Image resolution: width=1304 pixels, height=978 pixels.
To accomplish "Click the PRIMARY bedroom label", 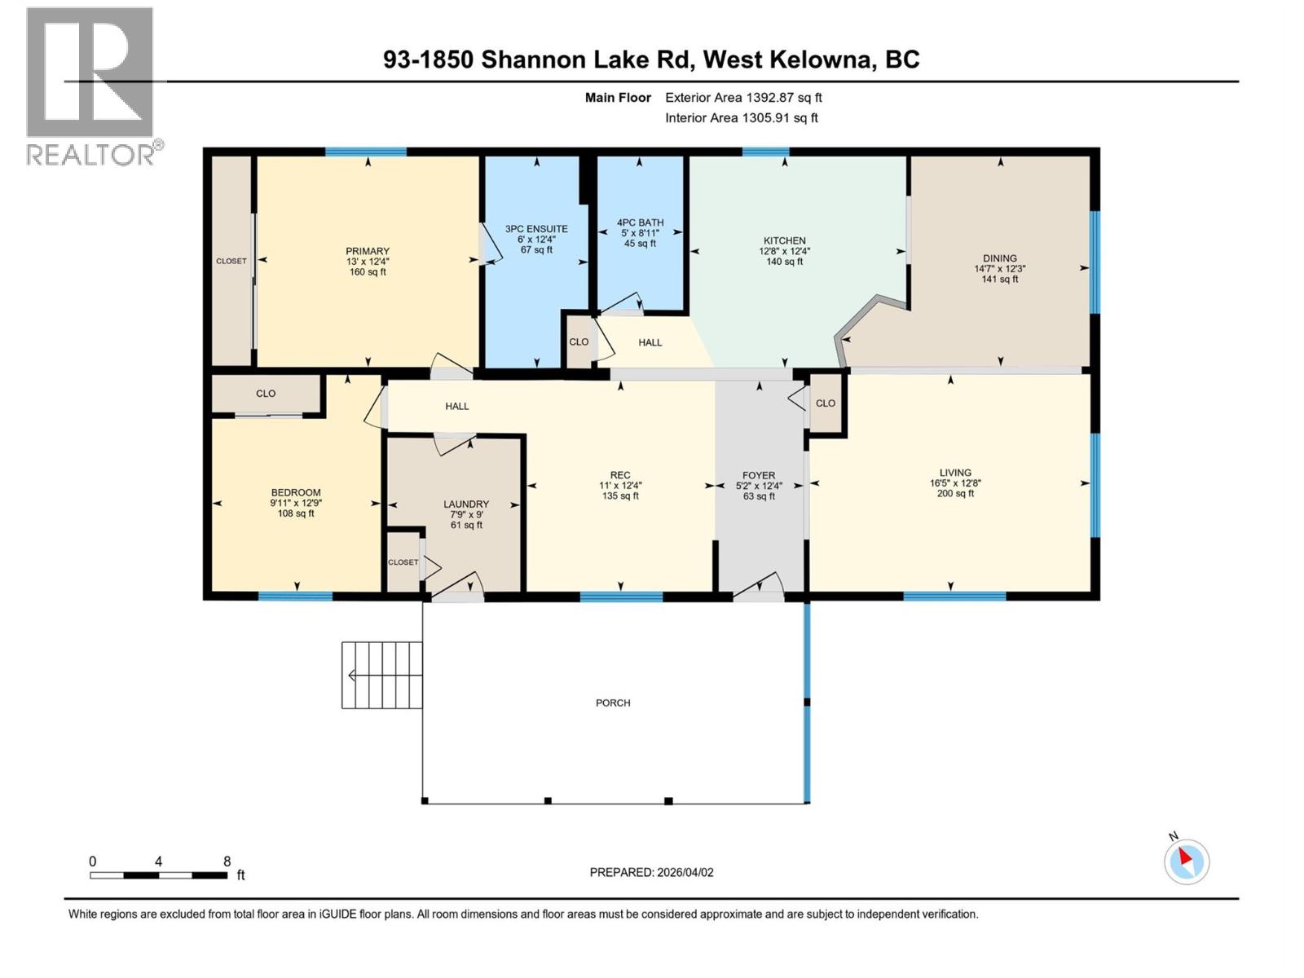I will point(368,251).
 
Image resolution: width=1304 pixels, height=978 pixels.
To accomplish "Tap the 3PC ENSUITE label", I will point(536,229).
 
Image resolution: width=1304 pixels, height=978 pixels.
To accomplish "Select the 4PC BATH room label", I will point(640,222).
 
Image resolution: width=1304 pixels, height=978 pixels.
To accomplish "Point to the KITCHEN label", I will point(784,240).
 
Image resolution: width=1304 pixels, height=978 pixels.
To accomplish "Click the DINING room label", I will point(999,258).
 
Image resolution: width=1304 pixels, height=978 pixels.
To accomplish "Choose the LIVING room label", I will point(955,472).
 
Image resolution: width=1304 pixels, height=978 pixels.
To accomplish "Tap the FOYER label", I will point(759,475).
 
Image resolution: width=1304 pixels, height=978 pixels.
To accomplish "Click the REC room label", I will point(620,475).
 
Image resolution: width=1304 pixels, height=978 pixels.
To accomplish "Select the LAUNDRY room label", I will point(466,504).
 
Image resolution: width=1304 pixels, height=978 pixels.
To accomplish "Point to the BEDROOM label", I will point(296,492).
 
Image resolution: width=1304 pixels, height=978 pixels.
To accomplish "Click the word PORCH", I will point(613,703).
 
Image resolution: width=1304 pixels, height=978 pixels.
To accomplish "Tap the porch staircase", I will point(381,675).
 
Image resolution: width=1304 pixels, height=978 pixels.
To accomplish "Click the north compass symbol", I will point(1186,861).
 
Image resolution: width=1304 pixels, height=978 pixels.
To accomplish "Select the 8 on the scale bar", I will point(227,861).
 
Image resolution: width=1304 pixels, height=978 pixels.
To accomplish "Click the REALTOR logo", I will point(91,86).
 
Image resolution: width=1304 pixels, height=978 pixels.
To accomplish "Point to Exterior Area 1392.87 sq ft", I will point(743,98).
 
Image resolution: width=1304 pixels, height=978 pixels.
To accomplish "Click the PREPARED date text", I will point(651,872).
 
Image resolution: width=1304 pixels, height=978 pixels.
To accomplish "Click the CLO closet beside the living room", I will point(826,403).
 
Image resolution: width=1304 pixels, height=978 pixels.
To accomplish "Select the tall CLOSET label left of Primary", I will point(231,261).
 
